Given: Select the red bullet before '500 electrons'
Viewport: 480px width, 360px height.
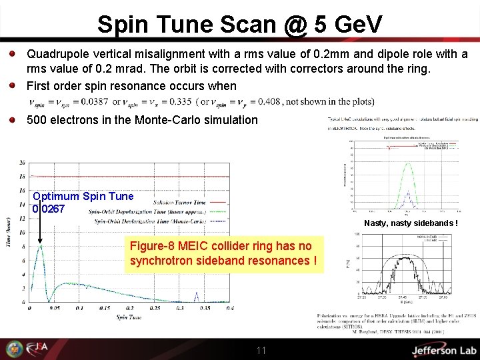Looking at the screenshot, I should click(13, 120).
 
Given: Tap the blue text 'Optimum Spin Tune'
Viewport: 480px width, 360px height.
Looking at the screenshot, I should click(83, 196).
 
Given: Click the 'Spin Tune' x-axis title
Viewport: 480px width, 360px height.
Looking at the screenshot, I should click(126, 317).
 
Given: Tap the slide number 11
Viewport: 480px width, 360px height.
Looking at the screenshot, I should click(261, 351).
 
